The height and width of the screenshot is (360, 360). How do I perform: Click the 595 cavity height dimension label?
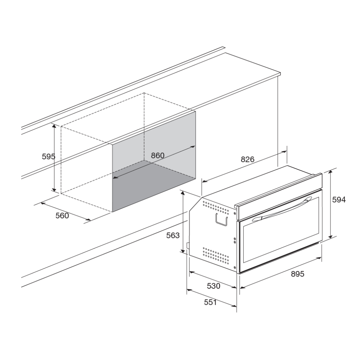point(49,156)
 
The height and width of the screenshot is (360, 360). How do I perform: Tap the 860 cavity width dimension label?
point(158,156)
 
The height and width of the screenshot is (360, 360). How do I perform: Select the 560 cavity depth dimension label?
point(62,216)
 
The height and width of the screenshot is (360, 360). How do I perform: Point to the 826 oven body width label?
point(248,159)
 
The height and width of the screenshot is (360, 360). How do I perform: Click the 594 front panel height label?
point(339,200)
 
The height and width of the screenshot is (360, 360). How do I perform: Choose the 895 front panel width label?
point(298,274)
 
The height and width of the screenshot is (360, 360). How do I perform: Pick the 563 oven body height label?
point(173,235)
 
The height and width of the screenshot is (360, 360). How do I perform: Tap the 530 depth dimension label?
point(213,286)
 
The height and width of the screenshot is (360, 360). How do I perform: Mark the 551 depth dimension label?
point(211,302)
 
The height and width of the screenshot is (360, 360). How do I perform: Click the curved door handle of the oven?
point(282,208)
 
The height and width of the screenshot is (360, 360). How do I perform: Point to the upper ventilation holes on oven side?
point(216,207)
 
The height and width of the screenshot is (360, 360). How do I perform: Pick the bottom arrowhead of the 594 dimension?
point(330,237)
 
